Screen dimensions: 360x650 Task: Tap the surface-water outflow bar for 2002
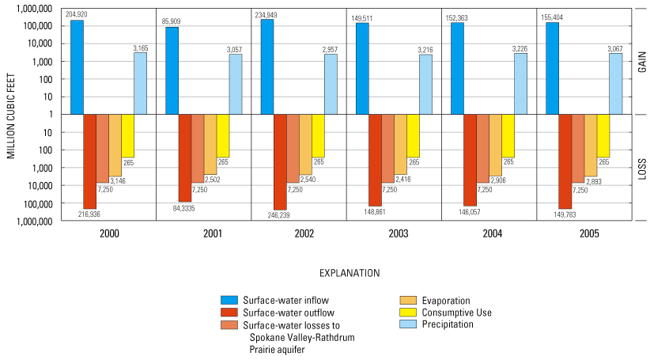pos(280,161)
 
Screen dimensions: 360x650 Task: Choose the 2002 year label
pos(300,235)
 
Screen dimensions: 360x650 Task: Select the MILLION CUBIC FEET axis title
pos(12,115)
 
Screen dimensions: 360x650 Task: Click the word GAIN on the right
pos(642,62)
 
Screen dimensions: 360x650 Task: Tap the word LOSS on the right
pos(642,168)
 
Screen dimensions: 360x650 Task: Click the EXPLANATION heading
pos(350,273)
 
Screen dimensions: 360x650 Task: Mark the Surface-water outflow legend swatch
pos(230,312)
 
